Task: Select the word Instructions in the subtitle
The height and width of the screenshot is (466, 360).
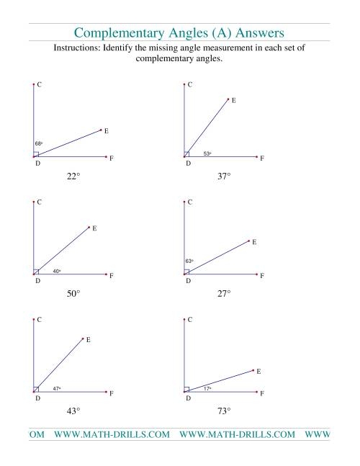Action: pyautogui.click(x=79, y=48)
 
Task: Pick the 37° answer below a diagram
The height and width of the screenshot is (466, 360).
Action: pyautogui.click(x=224, y=176)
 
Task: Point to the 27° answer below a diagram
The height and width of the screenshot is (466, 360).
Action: pyautogui.click(x=224, y=293)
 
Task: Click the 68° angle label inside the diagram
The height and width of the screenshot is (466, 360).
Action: pyautogui.click(x=38, y=144)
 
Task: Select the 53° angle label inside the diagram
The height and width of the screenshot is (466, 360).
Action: pyautogui.click(x=207, y=153)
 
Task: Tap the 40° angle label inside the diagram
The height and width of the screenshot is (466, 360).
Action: pyautogui.click(x=57, y=271)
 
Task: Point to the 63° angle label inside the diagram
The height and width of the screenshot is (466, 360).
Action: pyautogui.click(x=189, y=261)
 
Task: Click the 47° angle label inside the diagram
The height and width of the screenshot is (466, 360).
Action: pyautogui.click(x=57, y=388)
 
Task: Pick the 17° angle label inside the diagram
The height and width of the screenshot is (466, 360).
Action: pyautogui.click(x=207, y=388)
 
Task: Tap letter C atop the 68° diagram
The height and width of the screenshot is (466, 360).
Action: pyautogui.click(x=39, y=85)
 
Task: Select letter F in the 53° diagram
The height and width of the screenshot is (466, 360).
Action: pyautogui.click(x=262, y=158)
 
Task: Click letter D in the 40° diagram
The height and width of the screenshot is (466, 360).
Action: pyautogui.click(x=37, y=281)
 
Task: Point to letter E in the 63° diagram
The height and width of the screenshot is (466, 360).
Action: pyautogui.click(x=254, y=243)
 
